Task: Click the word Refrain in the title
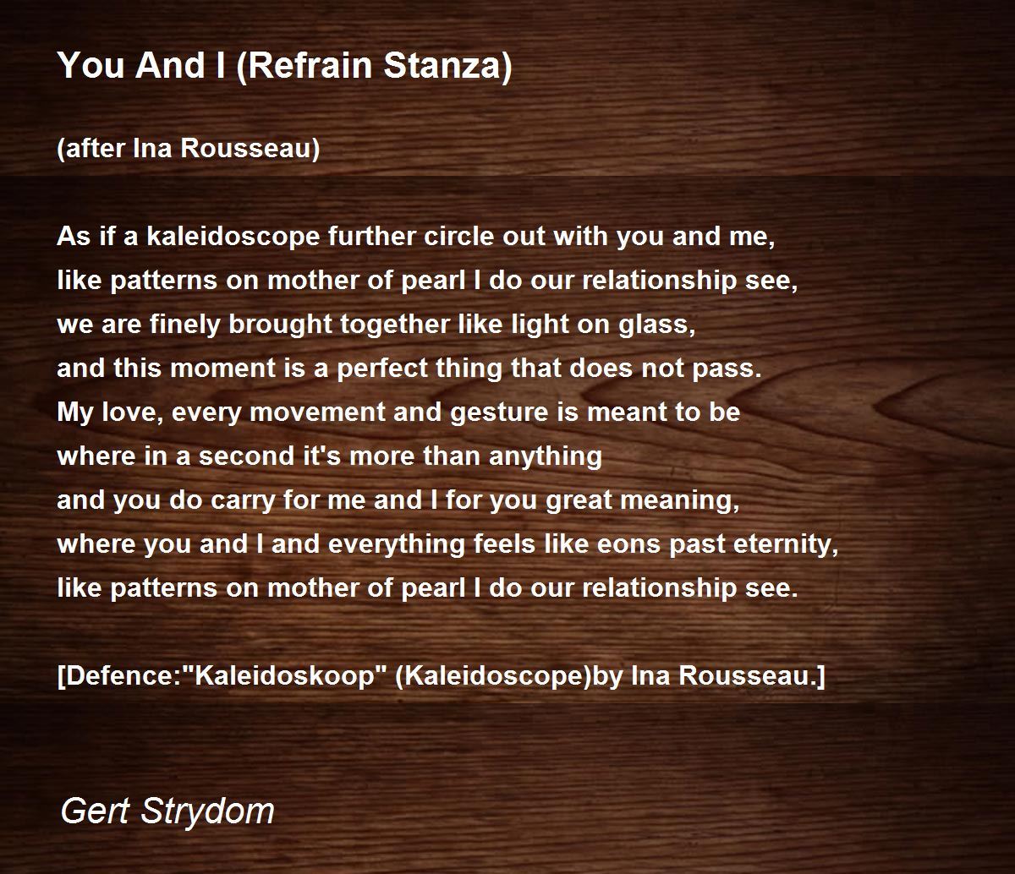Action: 311,66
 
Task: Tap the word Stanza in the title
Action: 447,66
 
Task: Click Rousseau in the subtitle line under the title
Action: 250,148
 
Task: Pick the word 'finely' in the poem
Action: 184,325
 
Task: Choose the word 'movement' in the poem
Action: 317,412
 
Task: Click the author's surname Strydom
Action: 207,810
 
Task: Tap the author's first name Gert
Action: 96,810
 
